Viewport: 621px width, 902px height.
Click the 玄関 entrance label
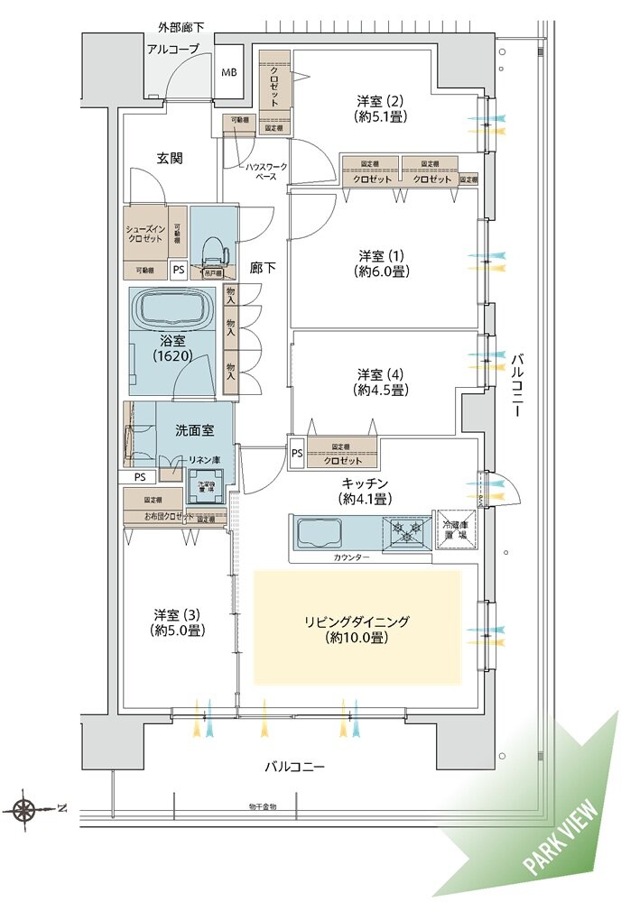click(x=170, y=159)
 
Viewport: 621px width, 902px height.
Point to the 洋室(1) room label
click(x=378, y=262)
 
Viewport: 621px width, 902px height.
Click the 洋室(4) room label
click(x=378, y=382)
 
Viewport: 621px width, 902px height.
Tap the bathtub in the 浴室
click(x=171, y=310)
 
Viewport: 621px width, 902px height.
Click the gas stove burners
click(x=403, y=532)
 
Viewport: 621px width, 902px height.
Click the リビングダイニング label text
click(x=357, y=630)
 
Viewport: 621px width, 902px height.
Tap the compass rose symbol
click(x=26, y=808)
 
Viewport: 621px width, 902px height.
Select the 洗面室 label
click(x=194, y=430)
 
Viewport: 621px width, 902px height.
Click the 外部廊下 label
click(x=181, y=28)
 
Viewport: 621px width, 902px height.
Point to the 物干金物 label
click(x=263, y=805)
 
